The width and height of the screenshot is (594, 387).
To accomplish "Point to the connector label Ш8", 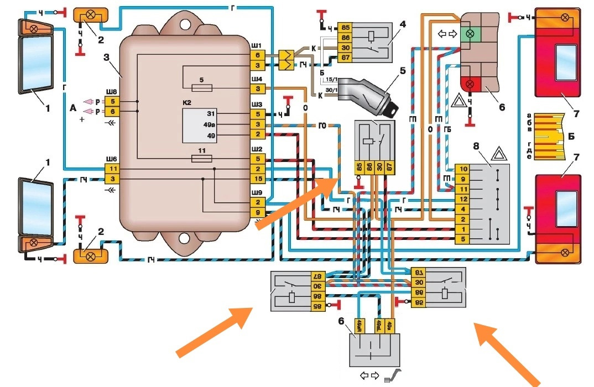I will coord(112,91).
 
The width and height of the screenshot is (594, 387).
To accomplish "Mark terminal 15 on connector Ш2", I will coord(258,178).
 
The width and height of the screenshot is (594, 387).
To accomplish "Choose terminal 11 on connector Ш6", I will coord(112,169).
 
